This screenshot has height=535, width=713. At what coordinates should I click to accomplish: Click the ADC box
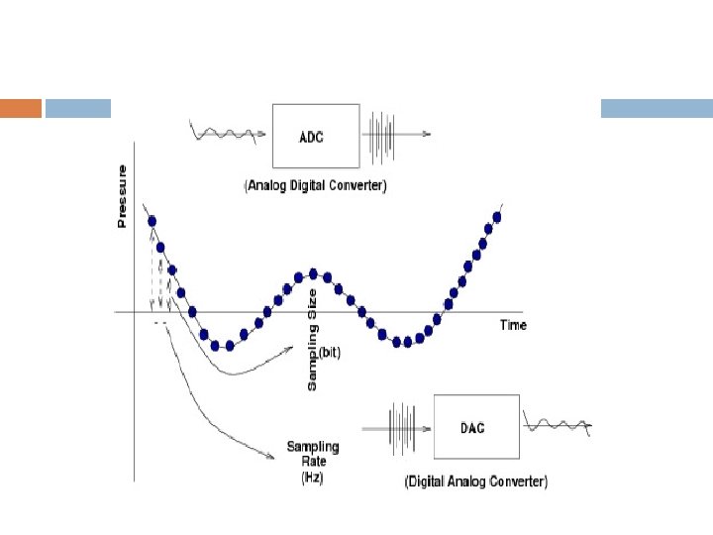(x=315, y=136)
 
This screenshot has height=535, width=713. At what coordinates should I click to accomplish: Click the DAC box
(x=475, y=426)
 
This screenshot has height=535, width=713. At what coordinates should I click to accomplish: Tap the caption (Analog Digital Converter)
(x=316, y=186)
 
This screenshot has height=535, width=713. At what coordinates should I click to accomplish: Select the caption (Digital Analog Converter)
(x=475, y=481)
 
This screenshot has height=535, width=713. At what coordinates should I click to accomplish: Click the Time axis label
(x=513, y=325)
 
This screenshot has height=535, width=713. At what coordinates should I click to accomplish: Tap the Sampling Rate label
(x=307, y=455)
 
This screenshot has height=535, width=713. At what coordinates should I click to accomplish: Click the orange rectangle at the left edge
(x=21, y=108)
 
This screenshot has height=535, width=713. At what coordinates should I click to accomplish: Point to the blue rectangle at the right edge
(x=657, y=108)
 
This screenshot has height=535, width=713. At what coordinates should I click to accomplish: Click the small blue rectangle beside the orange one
(x=78, y=108)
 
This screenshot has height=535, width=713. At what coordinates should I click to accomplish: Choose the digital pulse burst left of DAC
(x=402, y=427)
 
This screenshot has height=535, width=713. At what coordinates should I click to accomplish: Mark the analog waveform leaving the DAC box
(x=559, y=426)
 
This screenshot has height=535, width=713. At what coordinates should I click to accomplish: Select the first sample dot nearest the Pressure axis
(x=151, y=220)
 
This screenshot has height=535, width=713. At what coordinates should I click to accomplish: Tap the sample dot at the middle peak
(x=314, y=273)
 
